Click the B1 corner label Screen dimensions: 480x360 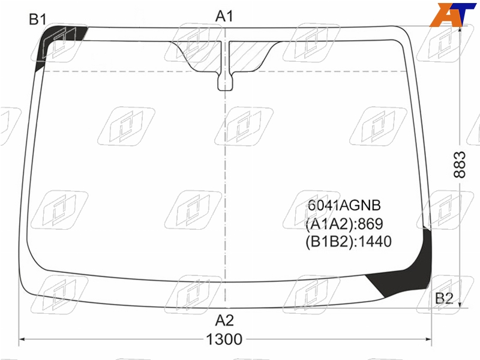(37, 20)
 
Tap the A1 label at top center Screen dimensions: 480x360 (224, 16)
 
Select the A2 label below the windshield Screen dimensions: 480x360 (224, 320)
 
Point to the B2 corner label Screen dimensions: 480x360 (444, 298)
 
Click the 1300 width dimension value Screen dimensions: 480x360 (224, 339)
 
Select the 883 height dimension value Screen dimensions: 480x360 (460, 164)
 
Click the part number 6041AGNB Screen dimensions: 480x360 (344, 205)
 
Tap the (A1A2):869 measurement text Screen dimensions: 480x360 (344, 224)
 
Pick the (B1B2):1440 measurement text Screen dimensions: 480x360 (349, 242)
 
